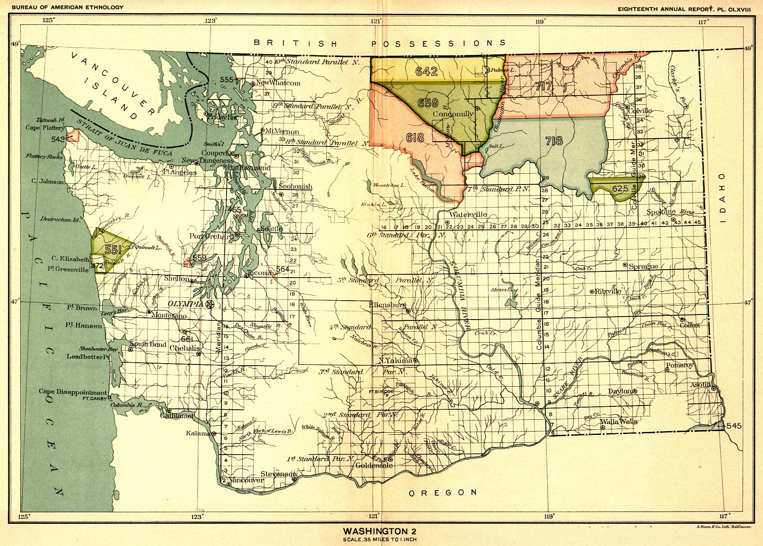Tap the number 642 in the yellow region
(x=427, y=71)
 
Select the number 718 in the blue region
(x=554, y=140)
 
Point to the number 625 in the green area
(x=620, y=189)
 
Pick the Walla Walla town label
(x=619, y=421)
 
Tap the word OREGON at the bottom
(x=443, y=493)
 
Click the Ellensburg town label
(x=387, y=305)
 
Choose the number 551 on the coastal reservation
(x=113, y=250)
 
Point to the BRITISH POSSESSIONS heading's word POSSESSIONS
(x=439, y=43)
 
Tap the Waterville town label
(x=467, y=215)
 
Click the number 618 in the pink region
(x=415, y=137)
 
